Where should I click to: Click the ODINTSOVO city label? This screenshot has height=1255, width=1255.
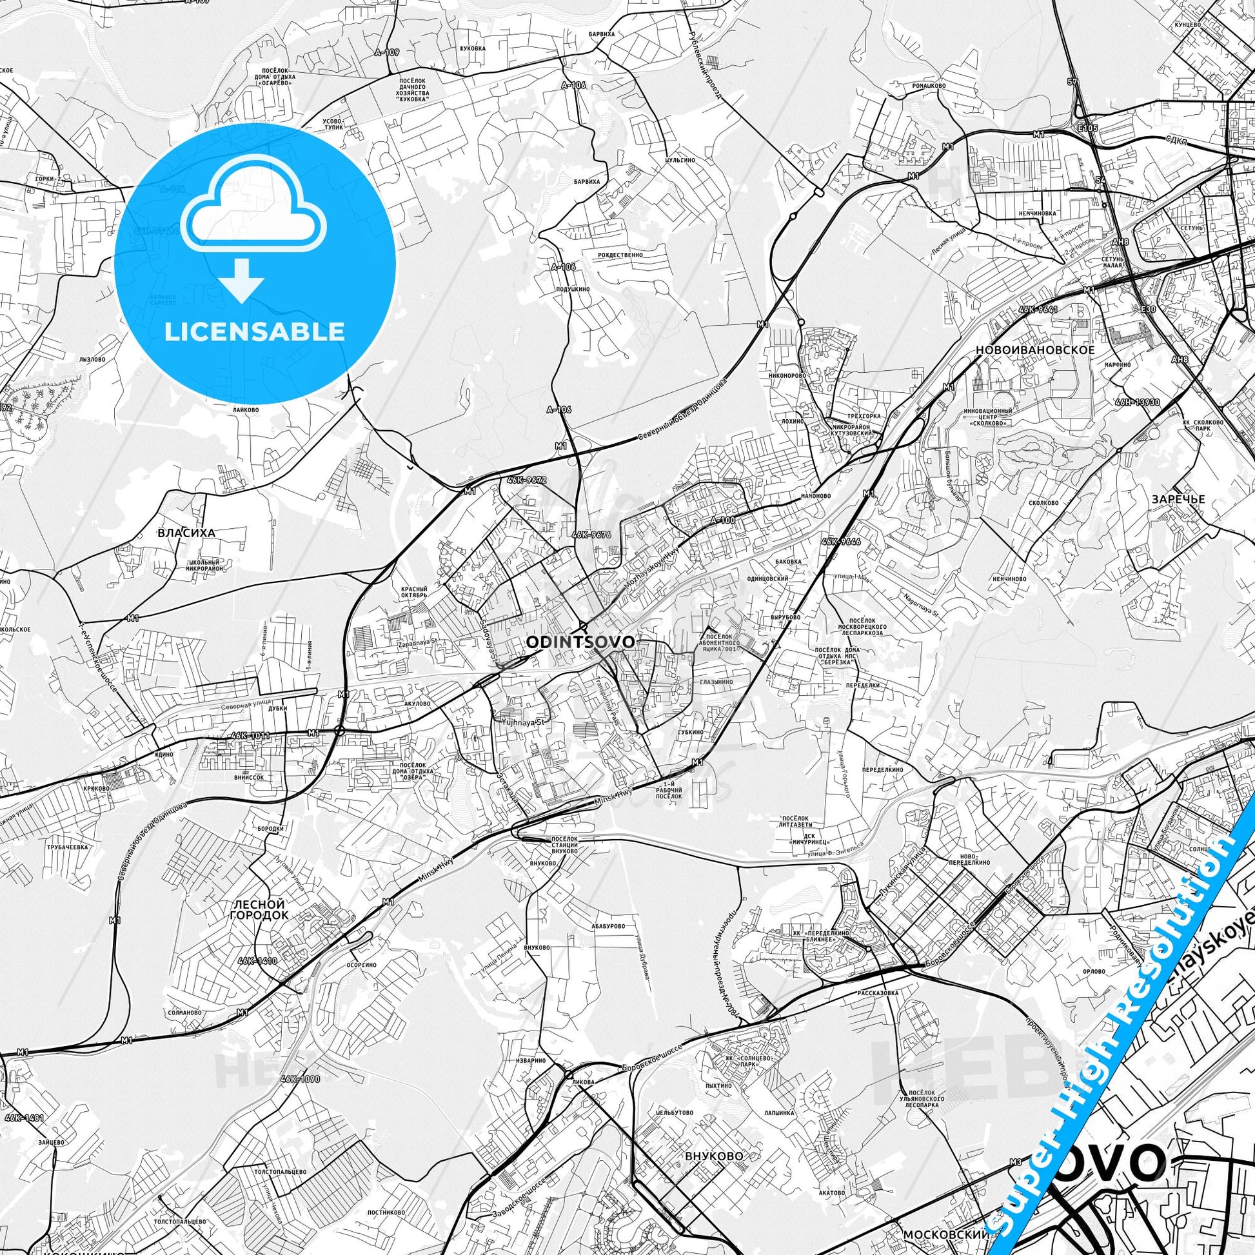tap(580, 642)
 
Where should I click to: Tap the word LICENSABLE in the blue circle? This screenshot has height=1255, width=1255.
tap(255, 331)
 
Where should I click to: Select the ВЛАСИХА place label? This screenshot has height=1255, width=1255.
tap(186, 533)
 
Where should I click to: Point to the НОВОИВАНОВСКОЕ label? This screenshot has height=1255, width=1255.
tap(1035, 350)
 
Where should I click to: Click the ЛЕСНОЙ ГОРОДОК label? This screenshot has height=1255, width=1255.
tap(259, 909)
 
